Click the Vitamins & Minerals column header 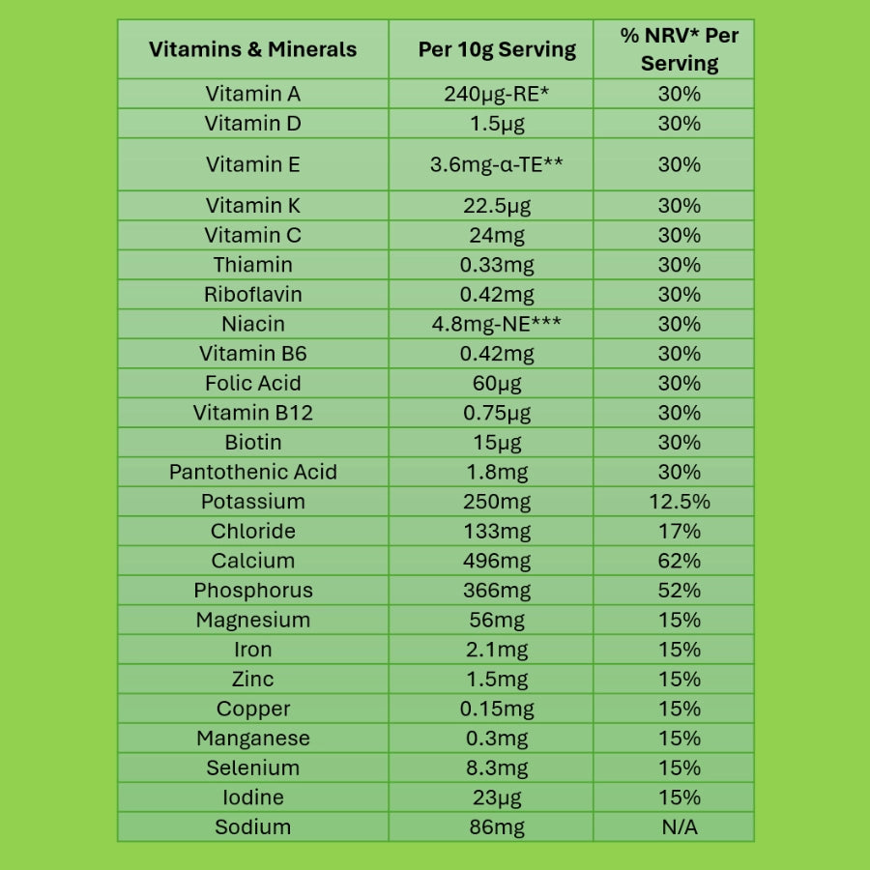[x=252, y=49]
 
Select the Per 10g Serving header [x=497, y=49]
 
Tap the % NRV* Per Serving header [x=680, y=49]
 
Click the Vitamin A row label [x=252, y=94]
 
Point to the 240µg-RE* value [x=497, y=94]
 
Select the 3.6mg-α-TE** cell [x=497, y=164]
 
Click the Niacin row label [x=252, y=324]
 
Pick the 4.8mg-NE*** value [x=497, y=324]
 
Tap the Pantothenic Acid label [x=252, y=472]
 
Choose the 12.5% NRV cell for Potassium [x=680, y=502]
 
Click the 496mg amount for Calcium [x=497, y=561]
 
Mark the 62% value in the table [x=680, y=561]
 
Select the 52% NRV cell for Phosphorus [x=680, y=591]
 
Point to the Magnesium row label [x=252, y=620]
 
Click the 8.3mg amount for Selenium [x=497, y=768]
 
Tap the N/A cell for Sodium [x=680, y=826]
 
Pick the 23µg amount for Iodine [x=497, y=797]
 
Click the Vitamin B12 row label [x=252, y=413]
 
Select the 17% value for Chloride [x=680, y=531]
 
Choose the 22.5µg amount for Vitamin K [x=497, y=206]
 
